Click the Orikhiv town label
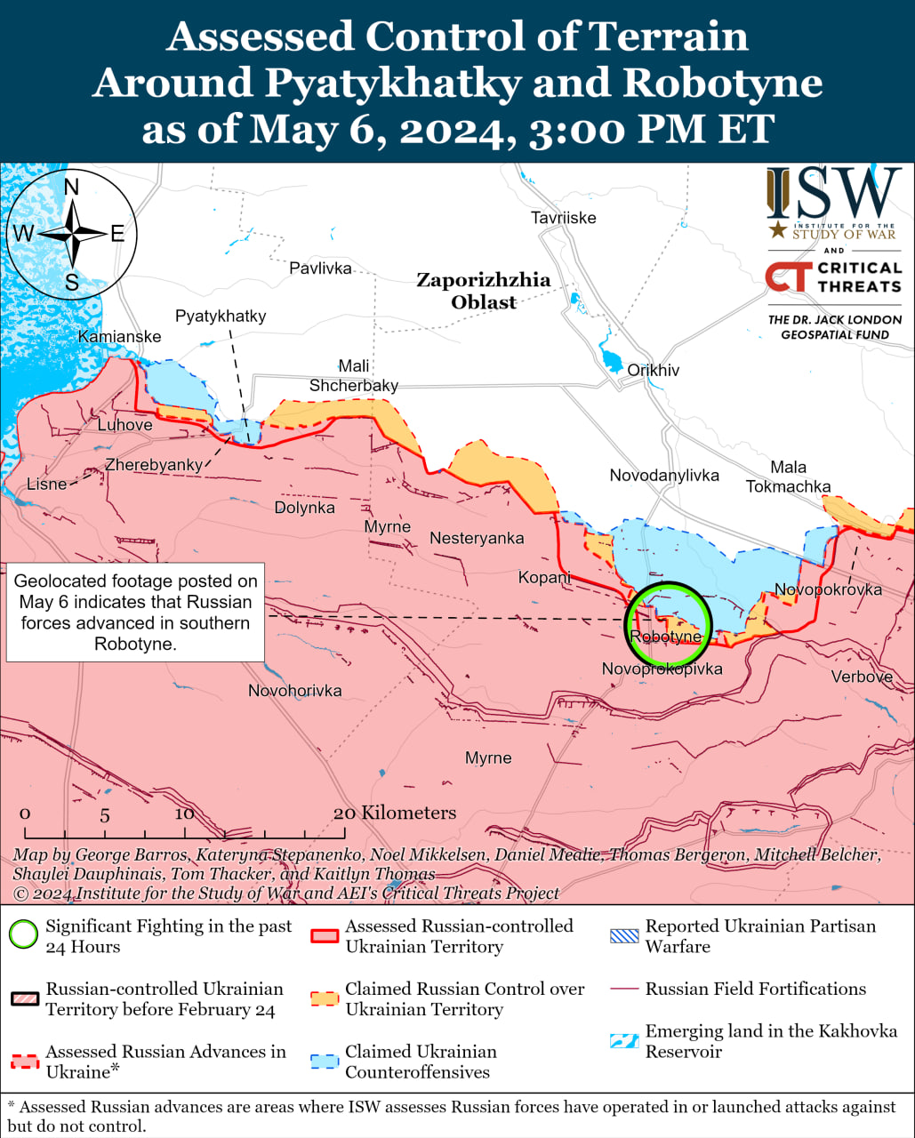point(653,370)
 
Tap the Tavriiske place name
point(563,218)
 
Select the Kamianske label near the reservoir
point(120,336)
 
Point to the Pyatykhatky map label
point(221,316)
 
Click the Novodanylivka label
point(663,476)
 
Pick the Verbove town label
point(861,677)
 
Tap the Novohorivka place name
point(294,691)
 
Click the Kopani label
point(544,578)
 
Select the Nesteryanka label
point(477,538)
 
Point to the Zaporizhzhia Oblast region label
point(484,291)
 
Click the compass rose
point(72,235)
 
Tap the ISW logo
point(833,204)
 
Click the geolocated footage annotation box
point(135,613)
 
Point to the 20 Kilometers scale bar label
point(395,813)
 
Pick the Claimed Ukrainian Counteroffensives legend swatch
point(325,1062)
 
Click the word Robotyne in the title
point(722,83)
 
